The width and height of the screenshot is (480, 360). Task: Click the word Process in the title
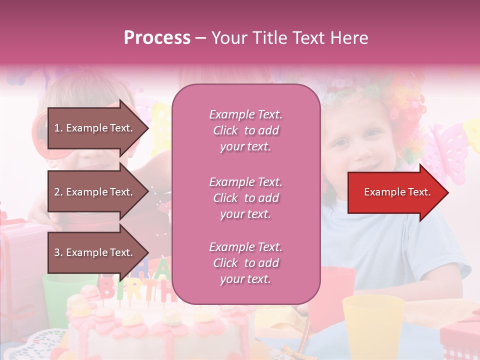point(157,38)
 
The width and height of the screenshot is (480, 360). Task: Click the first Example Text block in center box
point(245,130)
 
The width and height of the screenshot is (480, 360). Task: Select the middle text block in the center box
point(245,198)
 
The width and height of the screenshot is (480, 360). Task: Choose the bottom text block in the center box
point(245,263)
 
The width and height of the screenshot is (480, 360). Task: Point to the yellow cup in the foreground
point(373,325)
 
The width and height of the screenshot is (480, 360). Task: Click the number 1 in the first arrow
point(56,128)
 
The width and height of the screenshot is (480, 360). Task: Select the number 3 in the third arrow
point(57,252)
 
